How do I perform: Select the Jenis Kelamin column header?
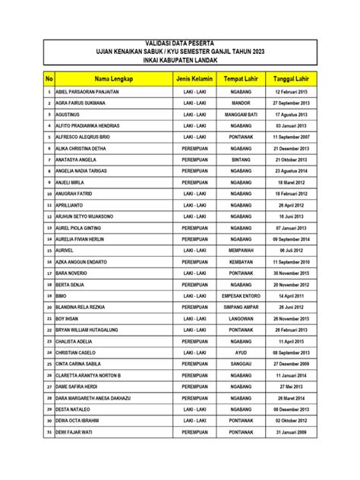194,79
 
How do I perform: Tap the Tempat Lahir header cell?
241,79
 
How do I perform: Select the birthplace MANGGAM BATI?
241,115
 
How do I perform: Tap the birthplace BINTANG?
241,160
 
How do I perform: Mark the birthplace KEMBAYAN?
241,261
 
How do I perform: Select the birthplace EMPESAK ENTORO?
241,295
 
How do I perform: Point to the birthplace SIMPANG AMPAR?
241,307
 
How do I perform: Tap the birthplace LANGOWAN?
241,318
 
